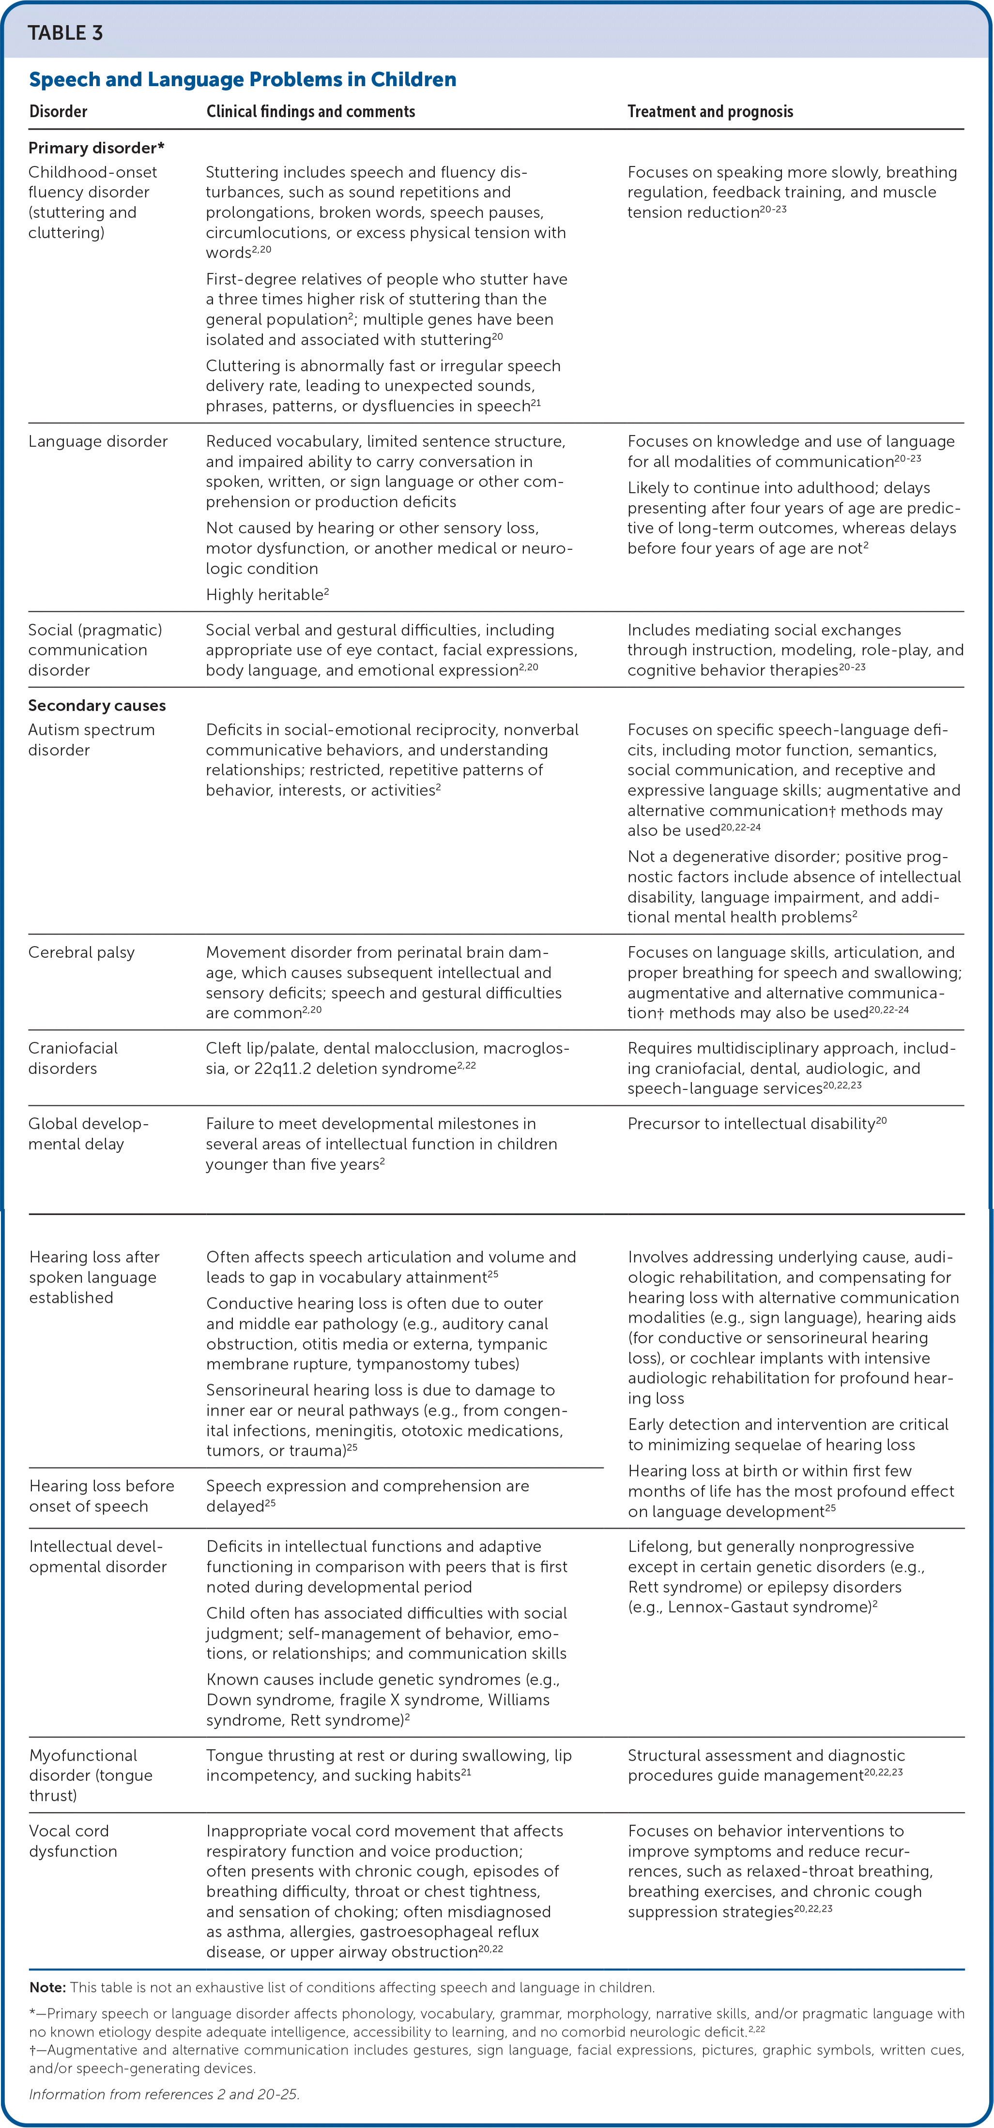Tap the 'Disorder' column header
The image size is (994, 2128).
[x=58, y=111]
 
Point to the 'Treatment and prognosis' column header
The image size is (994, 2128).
[x=710, y=111]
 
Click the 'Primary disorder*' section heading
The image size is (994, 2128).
[x=96, y=148]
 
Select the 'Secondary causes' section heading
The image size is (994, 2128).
[x=97, y=706]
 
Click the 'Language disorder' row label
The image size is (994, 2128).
[x=97, y=441]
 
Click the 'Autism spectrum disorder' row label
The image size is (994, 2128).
[x=91, y=740]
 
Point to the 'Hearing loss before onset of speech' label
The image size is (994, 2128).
[x=101, y=1495]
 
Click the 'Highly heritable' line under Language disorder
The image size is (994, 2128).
[x=266, y=595]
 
